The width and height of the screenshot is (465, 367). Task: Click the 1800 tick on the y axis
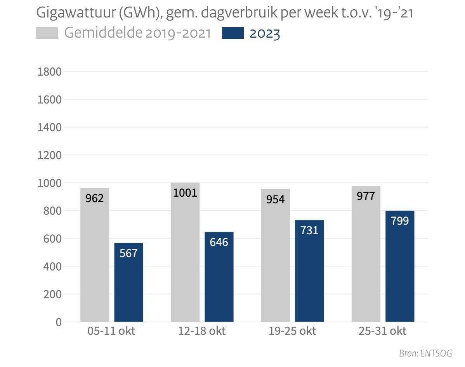[49, 72]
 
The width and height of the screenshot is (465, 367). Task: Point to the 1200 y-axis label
[49, 155]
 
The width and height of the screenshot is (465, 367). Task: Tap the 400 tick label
[53, 267]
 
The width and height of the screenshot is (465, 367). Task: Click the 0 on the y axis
[59, 322]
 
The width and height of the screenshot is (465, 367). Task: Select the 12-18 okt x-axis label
[202, 331]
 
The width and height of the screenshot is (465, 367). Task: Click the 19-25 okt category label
[292, 331]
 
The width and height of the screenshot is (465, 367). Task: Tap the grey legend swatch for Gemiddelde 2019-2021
[47, 33]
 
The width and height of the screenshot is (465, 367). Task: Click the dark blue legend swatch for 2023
[233, 33]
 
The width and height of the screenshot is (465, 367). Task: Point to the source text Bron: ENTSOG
[425, 353]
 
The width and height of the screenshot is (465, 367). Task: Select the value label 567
[128, 253]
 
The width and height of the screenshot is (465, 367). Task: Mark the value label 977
[366, 196]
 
